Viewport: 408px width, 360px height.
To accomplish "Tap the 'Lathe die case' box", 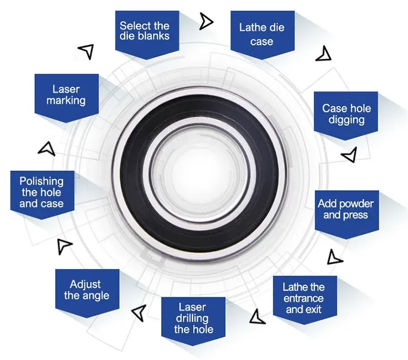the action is [262, 34].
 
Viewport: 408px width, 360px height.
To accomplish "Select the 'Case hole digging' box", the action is [346, 114].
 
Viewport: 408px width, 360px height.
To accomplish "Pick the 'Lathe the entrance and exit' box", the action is [304, 298].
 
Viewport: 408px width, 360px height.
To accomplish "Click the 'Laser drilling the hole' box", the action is [193, 318].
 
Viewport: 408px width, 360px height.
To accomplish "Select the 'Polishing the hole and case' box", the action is [41, 193].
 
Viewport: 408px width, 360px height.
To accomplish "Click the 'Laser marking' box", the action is [66, 95].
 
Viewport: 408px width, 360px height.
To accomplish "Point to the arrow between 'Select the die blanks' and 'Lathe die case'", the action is [206, 21].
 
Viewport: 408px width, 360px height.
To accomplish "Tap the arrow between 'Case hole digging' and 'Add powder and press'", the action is [349, 155].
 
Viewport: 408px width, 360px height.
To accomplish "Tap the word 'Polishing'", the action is [41, 181].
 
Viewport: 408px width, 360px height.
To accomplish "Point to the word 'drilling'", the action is [193, 318].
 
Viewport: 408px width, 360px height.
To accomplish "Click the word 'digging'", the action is [346, 119].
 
